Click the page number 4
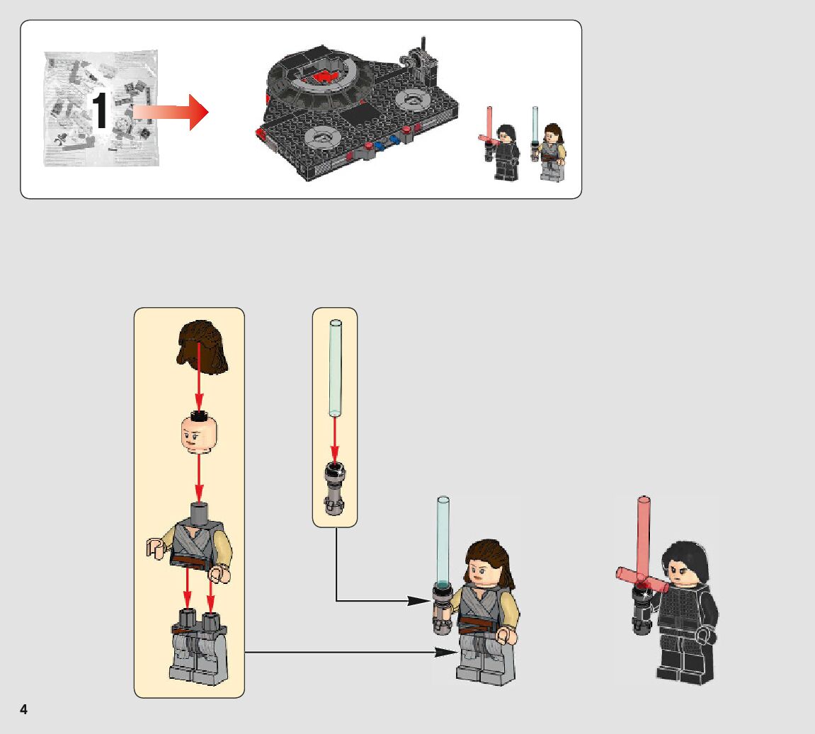(x=23, y=709)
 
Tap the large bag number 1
(x=101, y=112)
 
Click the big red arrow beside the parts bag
(x=172, y=112)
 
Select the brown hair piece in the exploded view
(x=203, y=346)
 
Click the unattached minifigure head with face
(x=198, y=434)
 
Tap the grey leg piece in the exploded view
(x=198, y=648)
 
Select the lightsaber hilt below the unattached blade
(x=334, y=486)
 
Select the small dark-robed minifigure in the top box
(x=506, y=152)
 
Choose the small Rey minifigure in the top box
(x=552, y=151)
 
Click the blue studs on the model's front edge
(x=383, y=144)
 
